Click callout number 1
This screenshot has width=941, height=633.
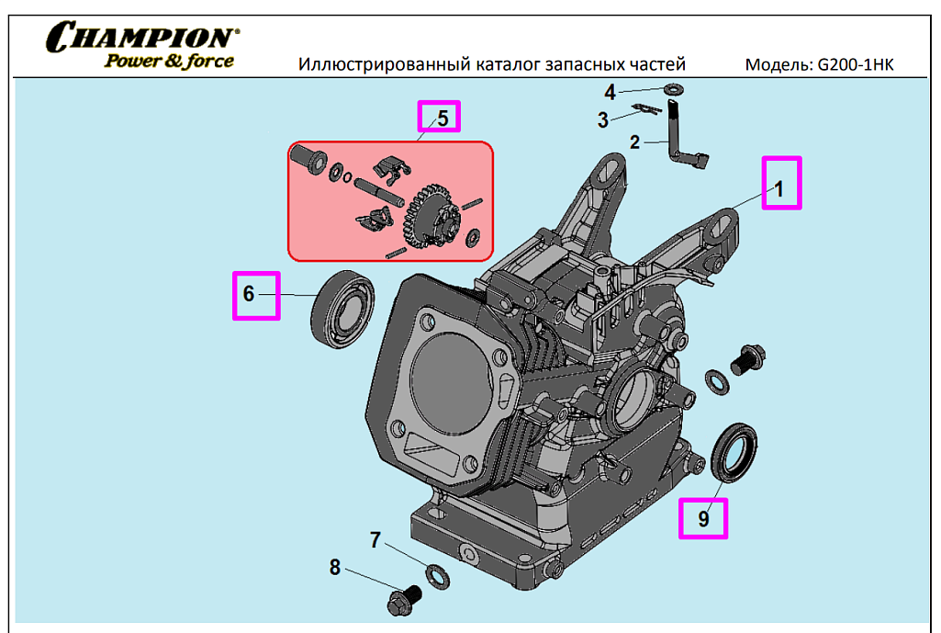(779, 189)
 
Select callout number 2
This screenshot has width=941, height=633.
(634, 142)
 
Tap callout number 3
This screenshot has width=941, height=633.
(603, 119)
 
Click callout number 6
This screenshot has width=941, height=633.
(248, 294)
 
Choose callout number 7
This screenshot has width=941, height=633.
(375, 540)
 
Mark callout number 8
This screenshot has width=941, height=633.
(335, 568)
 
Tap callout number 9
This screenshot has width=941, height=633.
(703, 518)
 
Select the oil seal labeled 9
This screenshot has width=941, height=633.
(737, 451)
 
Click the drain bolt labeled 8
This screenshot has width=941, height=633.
(401, 600)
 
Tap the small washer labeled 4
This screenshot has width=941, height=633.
(675, 89)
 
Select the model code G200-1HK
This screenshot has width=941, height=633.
(855, 65)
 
